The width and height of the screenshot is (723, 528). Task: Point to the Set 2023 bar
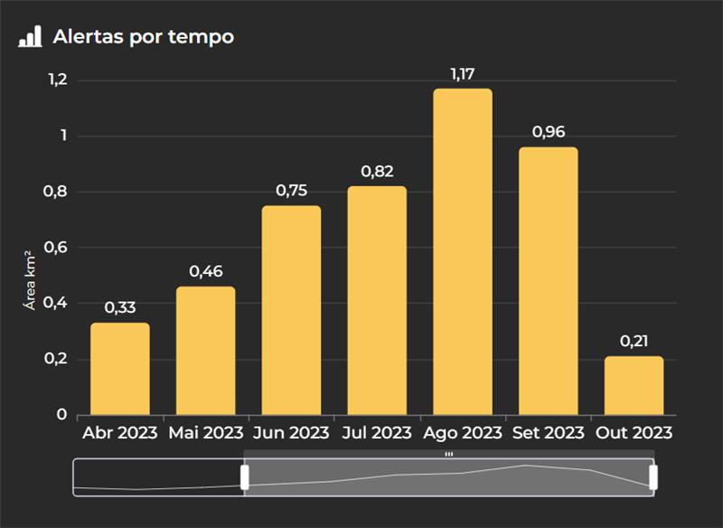tap(549, 280)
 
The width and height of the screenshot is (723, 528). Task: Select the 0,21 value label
tap(634, 342)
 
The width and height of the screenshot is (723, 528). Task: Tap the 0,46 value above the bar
tap(206, 271)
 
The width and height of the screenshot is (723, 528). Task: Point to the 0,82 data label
tap(377, 172)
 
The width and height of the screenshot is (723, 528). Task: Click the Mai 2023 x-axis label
tap(206, 433)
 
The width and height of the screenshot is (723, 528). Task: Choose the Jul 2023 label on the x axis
tap(377, 433)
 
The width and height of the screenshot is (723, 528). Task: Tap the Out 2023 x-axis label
tap(634, 433)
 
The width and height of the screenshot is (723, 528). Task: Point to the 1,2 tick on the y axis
tap(57, 80)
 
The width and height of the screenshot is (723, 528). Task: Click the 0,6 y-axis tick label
tap(57, 248)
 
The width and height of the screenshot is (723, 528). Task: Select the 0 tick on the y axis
tap(61, 415)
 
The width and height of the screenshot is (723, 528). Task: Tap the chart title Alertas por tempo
tap(143, 37)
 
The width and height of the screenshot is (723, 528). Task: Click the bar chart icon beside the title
tap(30, 37)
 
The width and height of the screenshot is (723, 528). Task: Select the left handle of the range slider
tap(244, 476)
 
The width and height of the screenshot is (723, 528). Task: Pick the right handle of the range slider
tap(653, 476)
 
